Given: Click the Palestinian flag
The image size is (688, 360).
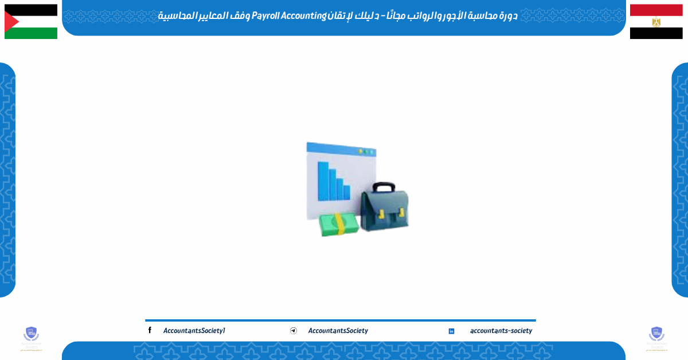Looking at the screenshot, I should [x=31, y=22].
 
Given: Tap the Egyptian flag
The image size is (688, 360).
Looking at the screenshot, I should [x=656, y=22].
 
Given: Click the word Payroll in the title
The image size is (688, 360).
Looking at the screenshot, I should [x=265, y=15].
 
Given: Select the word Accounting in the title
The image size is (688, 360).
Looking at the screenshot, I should [x=302, y=15].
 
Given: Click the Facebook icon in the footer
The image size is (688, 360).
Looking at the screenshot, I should [x=150, y=330].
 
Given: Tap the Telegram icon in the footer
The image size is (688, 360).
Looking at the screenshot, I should [x=294, y=331].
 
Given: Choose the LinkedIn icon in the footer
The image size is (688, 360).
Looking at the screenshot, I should [x=451, y=331].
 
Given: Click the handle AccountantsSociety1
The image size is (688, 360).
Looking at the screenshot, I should [x=194, y=331].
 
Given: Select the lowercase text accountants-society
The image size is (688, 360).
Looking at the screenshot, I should [x=501, y=331].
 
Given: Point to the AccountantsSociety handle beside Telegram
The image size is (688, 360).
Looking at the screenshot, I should [x=338, y=331].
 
